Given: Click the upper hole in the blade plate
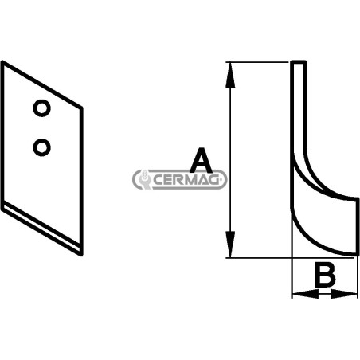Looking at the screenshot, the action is pyautogui.click(x=41, y=108).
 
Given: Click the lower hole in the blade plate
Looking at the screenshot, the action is pyautogui.click(x=41, y=147).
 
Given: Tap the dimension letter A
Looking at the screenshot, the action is pyautogui.click(x=201, y=160).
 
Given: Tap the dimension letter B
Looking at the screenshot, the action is pyautogui.click(x=325, y=275).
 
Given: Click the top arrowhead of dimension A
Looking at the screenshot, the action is pyautogui.click(x=230, y=75).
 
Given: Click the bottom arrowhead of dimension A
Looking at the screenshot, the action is pyautogui.click(x=230, y=245).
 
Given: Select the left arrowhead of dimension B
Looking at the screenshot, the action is pyautogui.click(x=305, y=294).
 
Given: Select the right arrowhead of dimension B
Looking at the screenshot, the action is pyautogui.click(x=344, y=294).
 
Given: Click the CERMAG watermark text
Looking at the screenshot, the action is pyautogui.click(x=186, y=180).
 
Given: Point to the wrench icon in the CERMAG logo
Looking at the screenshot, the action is pyautogui.click(x=143, y=180).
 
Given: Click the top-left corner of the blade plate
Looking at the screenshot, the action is pyautogui.click(x=2, y=62).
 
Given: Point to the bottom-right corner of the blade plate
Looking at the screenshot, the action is pyautogui.click(x=82, y=255).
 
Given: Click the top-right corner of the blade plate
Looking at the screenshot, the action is pyautogui.click(x=81, y=108).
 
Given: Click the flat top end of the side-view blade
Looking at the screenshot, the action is pyautogui.click(x=299, y=61).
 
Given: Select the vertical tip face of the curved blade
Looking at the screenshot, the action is pyautogui.click(x=357, y=226).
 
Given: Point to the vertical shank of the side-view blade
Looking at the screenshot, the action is pyautogui.click(x=299, y=106).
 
